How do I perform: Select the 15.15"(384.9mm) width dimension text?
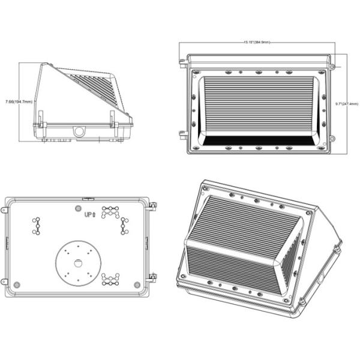click(x=257, y=43)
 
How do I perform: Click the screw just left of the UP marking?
click(x=79, y=208)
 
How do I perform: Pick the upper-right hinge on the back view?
click(x=152, y=206)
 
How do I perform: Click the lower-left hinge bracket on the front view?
click(x=182, y=134)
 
